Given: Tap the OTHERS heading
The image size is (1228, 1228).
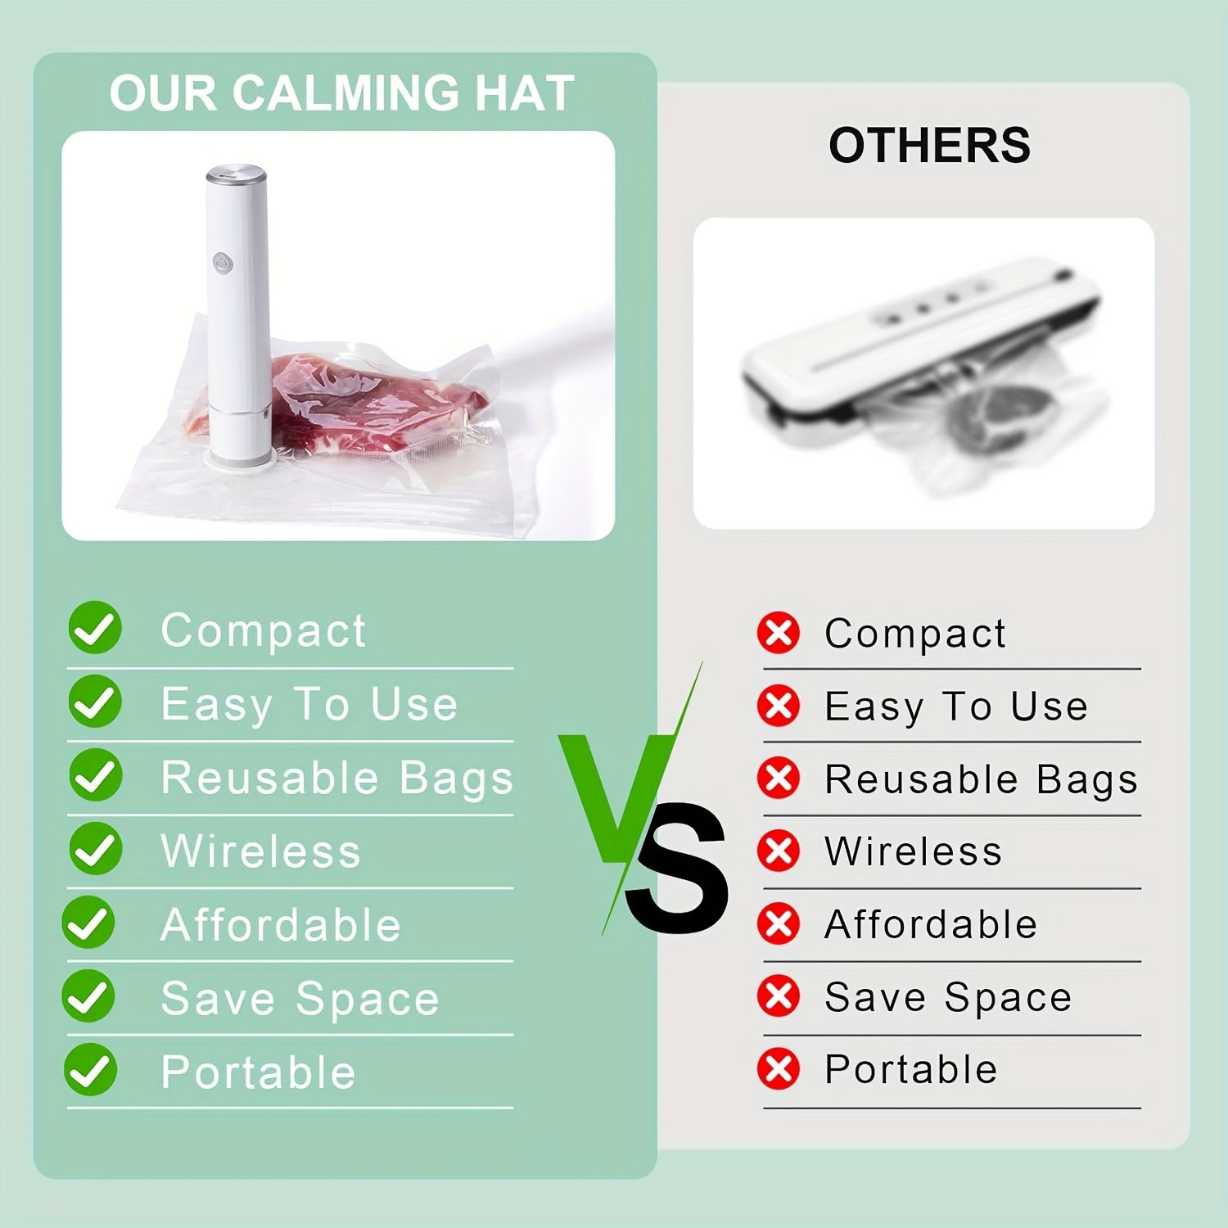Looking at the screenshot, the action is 929,145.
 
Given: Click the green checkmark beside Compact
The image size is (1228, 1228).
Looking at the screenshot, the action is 95,628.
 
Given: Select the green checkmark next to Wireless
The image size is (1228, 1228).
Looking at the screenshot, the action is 95,848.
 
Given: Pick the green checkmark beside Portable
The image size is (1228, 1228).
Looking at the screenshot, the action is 90,1069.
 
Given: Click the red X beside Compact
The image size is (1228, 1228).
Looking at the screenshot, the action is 778,633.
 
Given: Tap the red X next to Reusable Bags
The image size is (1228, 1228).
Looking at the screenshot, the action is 778,778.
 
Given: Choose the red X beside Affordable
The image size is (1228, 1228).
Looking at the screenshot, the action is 778,923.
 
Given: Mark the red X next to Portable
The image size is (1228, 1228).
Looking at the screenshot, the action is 778,1069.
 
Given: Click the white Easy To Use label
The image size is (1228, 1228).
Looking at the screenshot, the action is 309,705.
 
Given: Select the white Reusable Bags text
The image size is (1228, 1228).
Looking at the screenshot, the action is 336,778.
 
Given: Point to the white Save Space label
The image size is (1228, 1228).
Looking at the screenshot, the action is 300,999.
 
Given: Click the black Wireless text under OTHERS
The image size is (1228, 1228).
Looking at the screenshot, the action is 913,851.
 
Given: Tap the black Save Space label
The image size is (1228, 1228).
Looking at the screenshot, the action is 948,998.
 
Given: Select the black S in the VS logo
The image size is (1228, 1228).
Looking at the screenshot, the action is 676,869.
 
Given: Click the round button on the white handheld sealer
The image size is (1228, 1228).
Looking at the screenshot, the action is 223,263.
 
